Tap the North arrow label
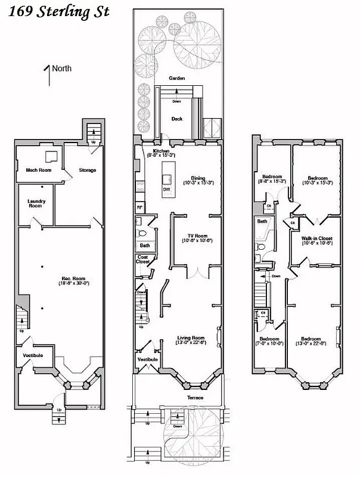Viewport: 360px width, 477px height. click(x=61, y=68)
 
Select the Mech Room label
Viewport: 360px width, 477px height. click(x=39, y=170)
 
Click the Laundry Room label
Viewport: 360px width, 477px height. click(x=36, y=203)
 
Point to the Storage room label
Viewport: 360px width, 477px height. click(x=88, y=170)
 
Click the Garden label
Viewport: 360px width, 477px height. click(x=176, y=78)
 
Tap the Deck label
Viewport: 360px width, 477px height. click(x=176, y=119)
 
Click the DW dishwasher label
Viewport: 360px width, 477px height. click(x=166, y=189)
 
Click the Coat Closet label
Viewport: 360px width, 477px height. click(x=143, y=259)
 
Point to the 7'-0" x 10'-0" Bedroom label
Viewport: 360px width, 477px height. click(x=269, y=340)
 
